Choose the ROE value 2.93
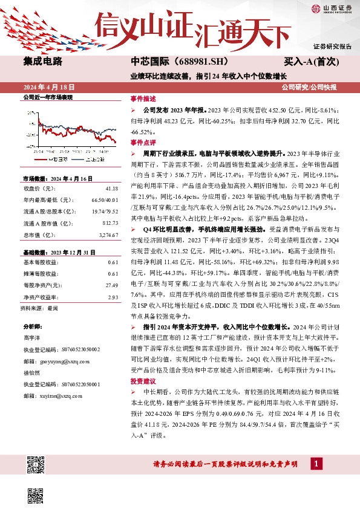pos(113,297)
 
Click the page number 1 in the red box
pos(315,464)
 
